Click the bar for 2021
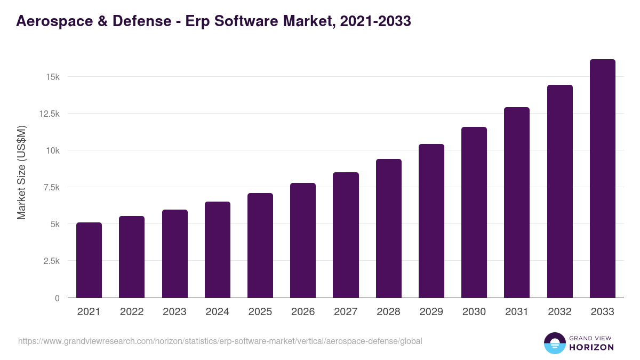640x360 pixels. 89,260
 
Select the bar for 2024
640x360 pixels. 218,250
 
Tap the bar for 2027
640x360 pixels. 346,235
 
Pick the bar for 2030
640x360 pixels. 474,212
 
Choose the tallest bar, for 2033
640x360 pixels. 602,179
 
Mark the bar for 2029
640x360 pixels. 431,221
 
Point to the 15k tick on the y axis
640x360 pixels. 52,77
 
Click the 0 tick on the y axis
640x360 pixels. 57,298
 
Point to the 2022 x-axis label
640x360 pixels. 132,312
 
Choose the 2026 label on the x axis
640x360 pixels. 303,312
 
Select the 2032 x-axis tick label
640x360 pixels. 559,312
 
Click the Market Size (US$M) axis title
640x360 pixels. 21,173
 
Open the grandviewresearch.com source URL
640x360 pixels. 220,341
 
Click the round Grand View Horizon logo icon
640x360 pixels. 554,343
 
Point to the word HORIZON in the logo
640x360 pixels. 591,347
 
